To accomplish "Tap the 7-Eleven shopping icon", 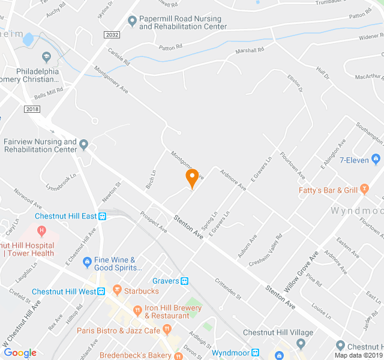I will point(376,159).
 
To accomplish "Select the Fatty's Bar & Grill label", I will point(328,190).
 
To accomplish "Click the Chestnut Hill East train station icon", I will point(103,216).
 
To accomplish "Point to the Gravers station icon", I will point(185,280).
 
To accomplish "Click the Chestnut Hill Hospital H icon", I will point(41,230).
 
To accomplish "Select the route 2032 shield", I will point(112,35).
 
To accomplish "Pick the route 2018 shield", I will point(32,109).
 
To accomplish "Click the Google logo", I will point(20,353).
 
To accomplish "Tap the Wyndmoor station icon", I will point(255,353).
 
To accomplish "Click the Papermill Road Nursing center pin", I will point(132,22).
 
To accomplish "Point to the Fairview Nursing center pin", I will point(84,145).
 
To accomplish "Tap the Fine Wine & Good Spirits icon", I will point(86,261).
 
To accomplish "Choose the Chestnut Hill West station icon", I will point(101,292).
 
